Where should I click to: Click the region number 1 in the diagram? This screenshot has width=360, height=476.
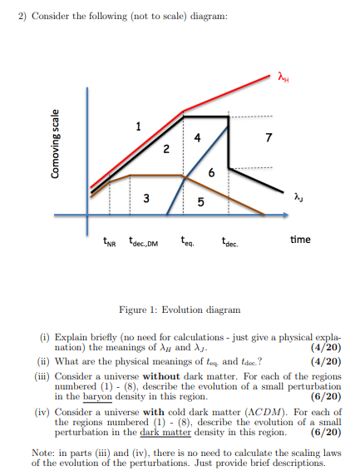click(x=138, y=126)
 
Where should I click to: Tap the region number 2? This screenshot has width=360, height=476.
click(x=165, y=150)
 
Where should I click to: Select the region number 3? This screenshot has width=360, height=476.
click(x=146, y=197)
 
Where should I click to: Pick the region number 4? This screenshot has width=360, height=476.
click(x=196, y=137)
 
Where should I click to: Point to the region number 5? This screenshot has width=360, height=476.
click(x=200, y=202)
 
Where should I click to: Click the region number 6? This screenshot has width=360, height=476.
click(x=213, y=173)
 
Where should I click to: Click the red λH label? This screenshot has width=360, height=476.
click(x=285, y=79)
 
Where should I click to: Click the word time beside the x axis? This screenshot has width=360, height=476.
click(x=300, y=240)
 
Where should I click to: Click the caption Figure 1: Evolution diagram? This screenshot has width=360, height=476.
click(x=180, y=309)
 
